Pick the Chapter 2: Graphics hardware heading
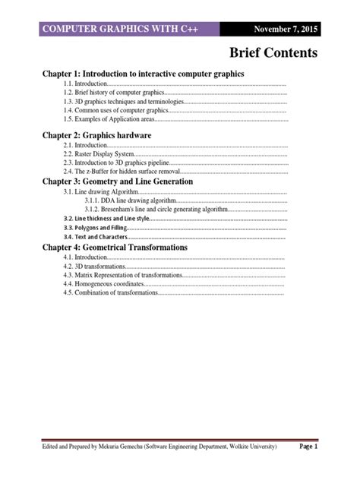96,135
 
